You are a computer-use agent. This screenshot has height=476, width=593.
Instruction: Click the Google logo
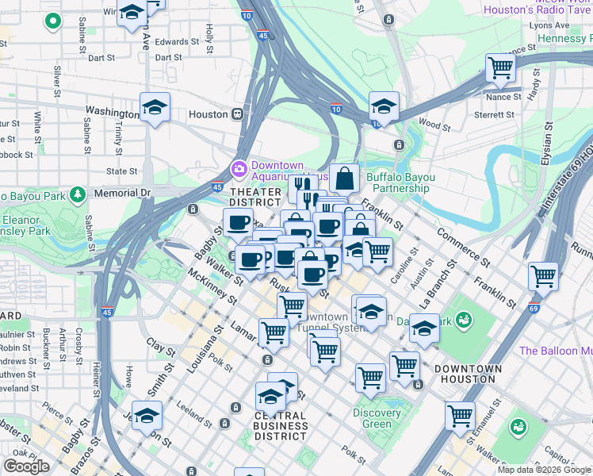click(27, 466)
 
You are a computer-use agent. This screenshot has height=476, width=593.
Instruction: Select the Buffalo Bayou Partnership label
click(398, 182)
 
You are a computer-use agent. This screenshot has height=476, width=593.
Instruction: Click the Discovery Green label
click(377, 418)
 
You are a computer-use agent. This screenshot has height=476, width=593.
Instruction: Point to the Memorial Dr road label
click(121, 193)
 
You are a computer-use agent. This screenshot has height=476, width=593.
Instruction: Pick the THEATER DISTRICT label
click(255, 198)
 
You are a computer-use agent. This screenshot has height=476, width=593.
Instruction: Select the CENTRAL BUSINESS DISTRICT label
click(281, 426)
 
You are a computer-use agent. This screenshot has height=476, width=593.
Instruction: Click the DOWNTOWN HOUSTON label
click(469, 374)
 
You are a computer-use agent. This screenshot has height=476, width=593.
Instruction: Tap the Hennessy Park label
click(564, 38)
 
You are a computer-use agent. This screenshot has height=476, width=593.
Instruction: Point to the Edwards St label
click(177, 41)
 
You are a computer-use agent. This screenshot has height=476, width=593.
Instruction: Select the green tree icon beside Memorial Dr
click(77, 194)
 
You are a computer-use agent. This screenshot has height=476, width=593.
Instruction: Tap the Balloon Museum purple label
click(556, 351)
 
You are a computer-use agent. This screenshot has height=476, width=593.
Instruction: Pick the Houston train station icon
click(237, 114)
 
